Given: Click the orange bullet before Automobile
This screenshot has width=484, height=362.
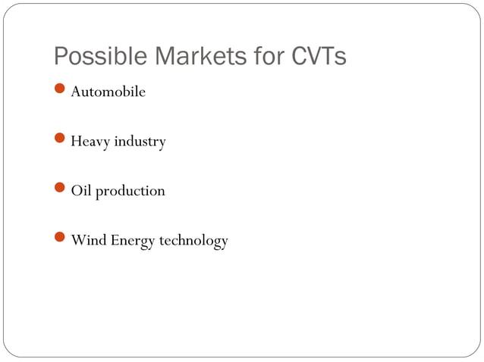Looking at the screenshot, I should [x=61, y=92].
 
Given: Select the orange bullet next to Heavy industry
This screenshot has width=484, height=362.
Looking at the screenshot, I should [x=61, y=141].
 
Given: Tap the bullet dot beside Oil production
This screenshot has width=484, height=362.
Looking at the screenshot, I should [x=61, y=190].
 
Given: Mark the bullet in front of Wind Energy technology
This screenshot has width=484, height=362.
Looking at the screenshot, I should [x=61, y=240].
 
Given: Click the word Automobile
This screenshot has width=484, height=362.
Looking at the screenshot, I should [x=108, y=92].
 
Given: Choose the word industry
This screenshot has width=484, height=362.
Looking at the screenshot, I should [x=140, y=142].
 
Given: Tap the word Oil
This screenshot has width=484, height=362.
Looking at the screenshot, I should [x=80, y=191].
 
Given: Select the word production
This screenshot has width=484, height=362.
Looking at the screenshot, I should [x=130, y=192].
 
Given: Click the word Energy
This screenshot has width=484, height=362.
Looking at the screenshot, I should [x=134, y=242].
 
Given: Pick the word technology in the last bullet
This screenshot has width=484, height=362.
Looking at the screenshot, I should [x=193, y=242].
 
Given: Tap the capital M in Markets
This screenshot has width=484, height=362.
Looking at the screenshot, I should [x=164, y=57].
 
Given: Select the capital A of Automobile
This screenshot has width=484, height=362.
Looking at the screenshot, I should [x=76, y=92].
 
